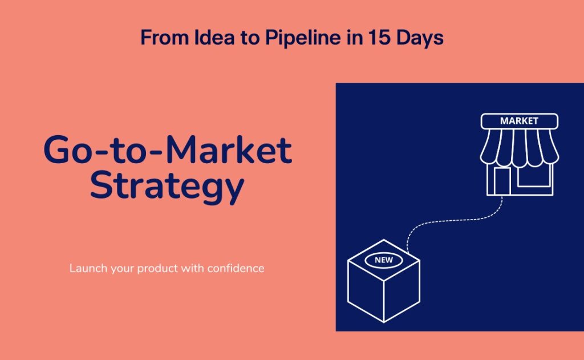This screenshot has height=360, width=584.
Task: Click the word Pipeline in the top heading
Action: tap(302, 38)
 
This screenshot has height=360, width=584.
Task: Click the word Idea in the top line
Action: tap(214, 37)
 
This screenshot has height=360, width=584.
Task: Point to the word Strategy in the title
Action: tap(167, 186)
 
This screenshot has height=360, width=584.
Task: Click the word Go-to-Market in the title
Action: tap(168, 150)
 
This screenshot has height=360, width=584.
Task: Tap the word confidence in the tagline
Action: tap(236, 268)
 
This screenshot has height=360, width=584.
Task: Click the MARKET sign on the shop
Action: tap(519, 121)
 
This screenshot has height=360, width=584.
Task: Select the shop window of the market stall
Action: tap(534, 176)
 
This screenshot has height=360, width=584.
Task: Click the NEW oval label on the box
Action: tap(384, 260)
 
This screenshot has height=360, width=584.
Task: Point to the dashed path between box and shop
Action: tap(452, 221)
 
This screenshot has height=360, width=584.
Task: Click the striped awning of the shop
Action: tap(519, 148)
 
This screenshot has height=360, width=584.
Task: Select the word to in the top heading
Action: tap(250, 38)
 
